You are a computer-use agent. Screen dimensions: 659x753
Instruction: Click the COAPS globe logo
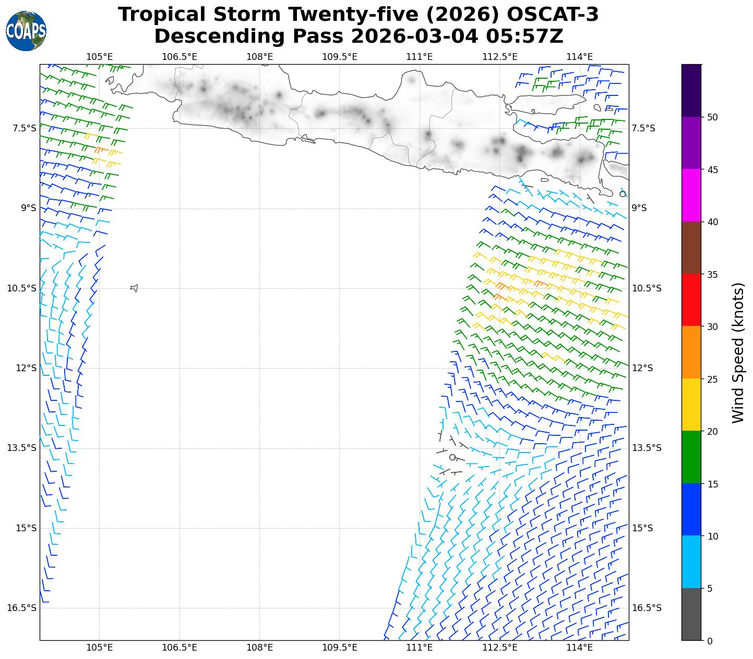(x=26, y=31)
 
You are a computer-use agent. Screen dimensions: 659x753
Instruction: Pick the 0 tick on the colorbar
(x=709, y=641)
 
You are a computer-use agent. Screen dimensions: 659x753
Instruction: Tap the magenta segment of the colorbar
(x=691, y=196)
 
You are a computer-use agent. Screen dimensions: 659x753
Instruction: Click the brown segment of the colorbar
(x=691, y=248)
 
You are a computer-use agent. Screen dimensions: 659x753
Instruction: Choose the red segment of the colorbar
(x=691, y=300)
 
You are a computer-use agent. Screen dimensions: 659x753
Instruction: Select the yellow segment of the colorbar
(x=691, y=405)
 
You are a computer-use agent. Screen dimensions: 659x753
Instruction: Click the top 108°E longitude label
(x=259, y=56)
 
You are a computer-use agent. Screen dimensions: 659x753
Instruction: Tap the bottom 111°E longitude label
(x=420, y=648)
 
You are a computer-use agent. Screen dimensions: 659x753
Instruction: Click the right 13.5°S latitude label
(x=647, y=448)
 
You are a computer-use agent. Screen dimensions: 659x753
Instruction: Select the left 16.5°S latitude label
(x=21, y=608)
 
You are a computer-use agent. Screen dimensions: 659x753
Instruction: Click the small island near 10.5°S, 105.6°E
(x=134, y=288)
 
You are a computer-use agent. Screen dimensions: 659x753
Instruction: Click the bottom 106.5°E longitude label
(x=180, y=648)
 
